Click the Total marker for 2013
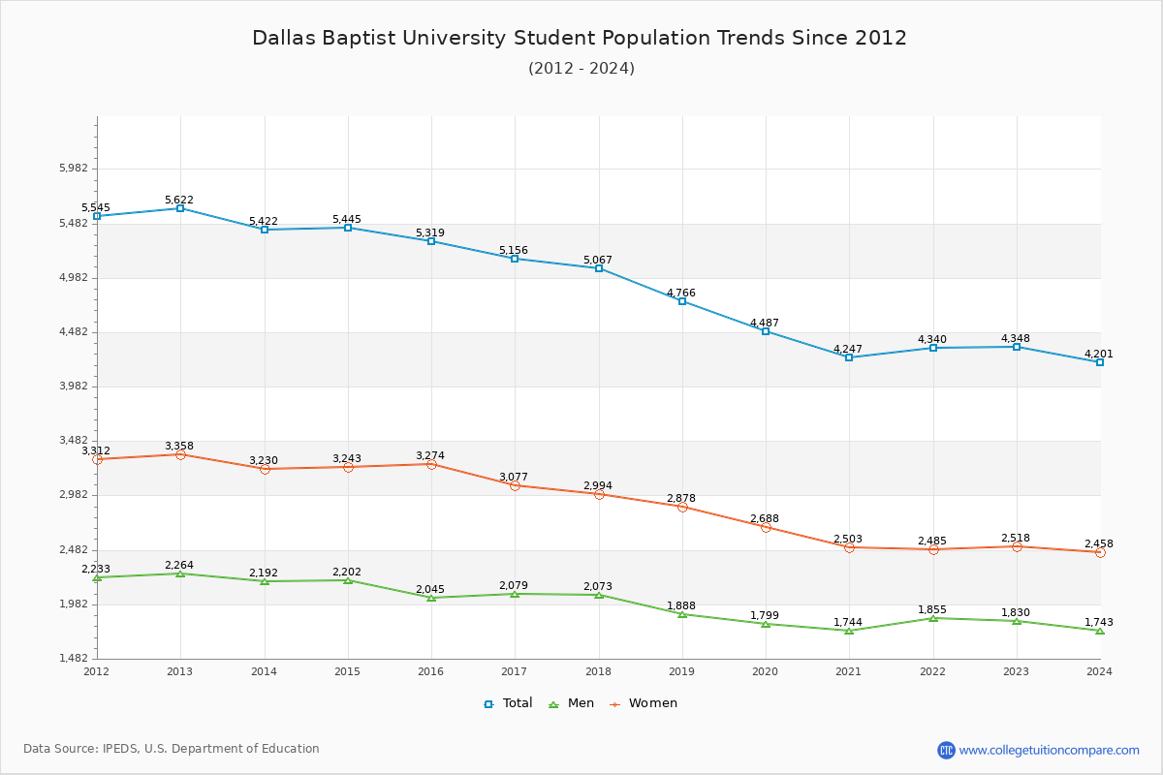180,208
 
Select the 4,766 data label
681,293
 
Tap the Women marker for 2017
515,485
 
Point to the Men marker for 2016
431,598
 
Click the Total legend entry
508,703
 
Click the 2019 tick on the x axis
681,671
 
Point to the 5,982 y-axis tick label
73,169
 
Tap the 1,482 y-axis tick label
73,659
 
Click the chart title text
580,38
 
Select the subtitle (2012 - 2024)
581,69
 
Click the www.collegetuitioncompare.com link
1049,750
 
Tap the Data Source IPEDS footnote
172,749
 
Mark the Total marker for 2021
849,357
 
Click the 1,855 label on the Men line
932,609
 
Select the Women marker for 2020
766,527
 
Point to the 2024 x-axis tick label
1099,671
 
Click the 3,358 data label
179,446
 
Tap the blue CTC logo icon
946,750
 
